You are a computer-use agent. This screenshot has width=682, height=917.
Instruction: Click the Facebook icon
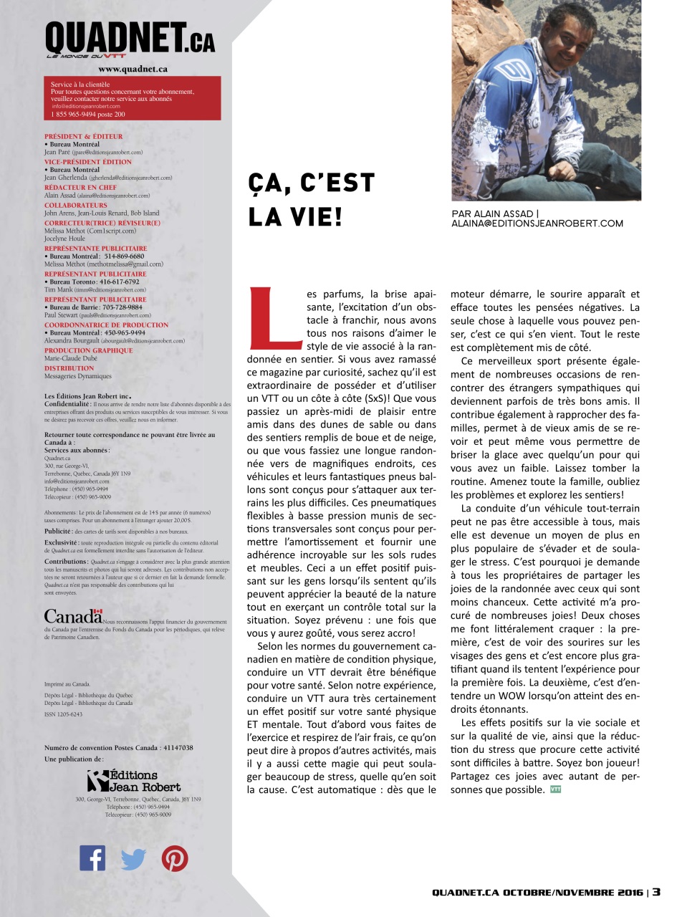(x=92, y=858)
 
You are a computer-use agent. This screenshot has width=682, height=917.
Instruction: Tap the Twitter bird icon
(x=133, y=858)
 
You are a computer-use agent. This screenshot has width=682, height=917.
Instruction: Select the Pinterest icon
(x=175, y=858)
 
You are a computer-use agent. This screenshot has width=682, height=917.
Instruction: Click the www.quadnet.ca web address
(x=133, y=69)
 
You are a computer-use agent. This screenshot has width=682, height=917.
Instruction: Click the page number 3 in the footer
(x=656, y=893)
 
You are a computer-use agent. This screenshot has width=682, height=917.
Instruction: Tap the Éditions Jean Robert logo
(x=133, y=780)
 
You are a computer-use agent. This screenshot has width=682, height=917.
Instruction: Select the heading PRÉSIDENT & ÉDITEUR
(x=84, y=135)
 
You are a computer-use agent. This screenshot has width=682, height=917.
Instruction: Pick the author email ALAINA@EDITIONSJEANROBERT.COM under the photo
(x=537, y=224)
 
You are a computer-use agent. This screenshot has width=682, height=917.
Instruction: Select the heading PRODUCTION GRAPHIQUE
(x=88, y=350)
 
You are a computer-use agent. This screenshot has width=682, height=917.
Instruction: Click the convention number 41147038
(x=173, y=748)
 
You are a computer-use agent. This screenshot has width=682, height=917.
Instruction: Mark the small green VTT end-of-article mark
(x=555, y=789)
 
